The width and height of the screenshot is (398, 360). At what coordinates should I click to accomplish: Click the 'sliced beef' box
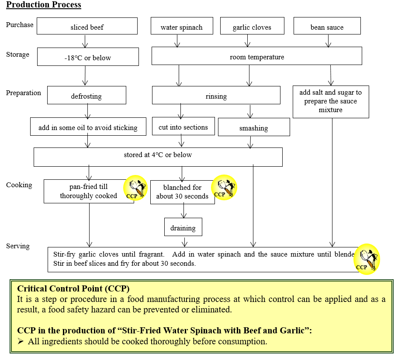point(87,26)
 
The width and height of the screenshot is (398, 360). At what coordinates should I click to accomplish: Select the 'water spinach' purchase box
point(181,26)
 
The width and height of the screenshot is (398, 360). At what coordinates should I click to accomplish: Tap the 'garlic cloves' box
point(252,26)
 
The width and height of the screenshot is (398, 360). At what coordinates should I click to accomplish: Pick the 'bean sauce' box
point(327,26)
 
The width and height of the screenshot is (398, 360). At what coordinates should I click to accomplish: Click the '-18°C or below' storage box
point(88,57)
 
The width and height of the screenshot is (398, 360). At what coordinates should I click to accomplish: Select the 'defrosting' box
point(87,95)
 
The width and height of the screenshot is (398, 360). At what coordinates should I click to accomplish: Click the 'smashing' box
point(253,127)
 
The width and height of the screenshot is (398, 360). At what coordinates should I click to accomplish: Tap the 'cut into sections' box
point(183,127)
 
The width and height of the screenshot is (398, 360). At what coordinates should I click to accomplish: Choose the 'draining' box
point(183,227)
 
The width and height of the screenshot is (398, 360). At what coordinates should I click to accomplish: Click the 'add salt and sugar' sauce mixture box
point(330,101)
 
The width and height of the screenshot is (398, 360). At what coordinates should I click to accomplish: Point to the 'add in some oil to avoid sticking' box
point(88,127)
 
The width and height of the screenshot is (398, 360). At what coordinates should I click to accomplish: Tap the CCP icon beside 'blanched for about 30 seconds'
point(224,188)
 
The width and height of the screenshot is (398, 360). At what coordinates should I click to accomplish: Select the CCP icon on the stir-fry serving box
point(367,259)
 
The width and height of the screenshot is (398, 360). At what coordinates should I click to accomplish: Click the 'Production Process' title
point(44,5)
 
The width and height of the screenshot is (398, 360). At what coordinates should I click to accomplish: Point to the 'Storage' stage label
point(18,55)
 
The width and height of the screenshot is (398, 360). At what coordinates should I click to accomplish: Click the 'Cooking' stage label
point(19,185)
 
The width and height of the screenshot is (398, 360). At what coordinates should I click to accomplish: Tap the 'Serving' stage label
point(18,246)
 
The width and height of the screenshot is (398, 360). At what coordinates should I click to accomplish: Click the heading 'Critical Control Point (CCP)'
point(73,289)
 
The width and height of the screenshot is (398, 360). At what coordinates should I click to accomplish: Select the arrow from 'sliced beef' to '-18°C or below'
point(86,41)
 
